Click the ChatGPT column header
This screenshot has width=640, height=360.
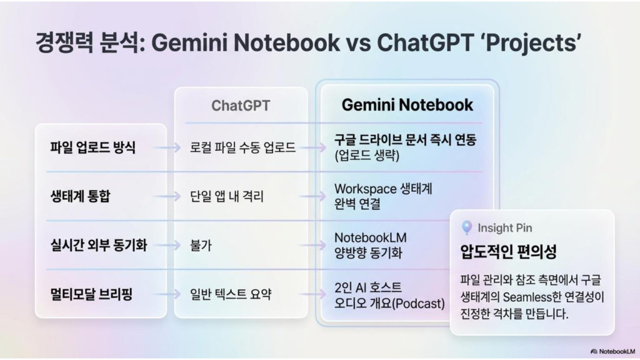241,106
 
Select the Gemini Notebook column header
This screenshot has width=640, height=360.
407,105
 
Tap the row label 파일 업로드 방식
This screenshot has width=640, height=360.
92,147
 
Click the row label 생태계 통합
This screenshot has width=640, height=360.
80,196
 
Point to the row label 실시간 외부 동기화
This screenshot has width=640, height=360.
98,245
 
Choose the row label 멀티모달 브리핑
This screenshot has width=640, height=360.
91,294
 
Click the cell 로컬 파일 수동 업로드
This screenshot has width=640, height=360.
242,147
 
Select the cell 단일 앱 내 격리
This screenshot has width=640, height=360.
226,196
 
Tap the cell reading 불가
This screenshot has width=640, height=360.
201,245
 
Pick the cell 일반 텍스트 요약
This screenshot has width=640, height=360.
230,294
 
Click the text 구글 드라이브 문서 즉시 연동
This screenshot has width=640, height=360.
405,140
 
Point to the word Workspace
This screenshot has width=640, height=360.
365,189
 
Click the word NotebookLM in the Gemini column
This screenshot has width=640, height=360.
370,237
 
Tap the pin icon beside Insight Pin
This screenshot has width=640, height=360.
467,227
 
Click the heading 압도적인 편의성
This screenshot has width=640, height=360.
508,251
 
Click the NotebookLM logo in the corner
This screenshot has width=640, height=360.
612,351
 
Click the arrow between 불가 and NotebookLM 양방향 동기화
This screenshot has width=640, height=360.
312,245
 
